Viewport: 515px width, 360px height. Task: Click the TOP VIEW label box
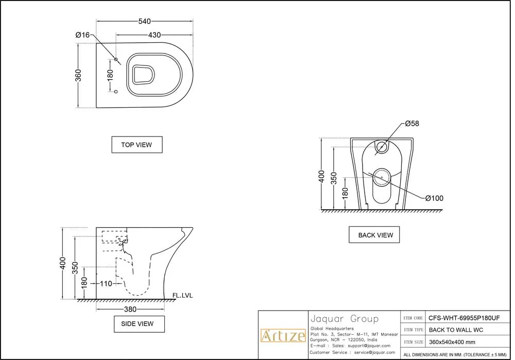[136, 145]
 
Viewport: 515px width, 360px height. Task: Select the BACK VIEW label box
[375, 235]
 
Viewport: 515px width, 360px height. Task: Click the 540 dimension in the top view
[144, 22]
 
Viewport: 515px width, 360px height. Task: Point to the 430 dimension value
[154, 35]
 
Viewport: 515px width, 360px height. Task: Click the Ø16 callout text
[82, 35]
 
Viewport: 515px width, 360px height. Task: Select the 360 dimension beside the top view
[78, 75]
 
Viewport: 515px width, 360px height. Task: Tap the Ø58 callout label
[412, 124]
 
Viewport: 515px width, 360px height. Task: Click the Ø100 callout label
[434, 198]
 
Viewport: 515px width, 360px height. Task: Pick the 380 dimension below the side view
[130, 310]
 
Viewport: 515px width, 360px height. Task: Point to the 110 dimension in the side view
[106, 283]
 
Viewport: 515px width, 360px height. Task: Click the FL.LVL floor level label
[183, 295]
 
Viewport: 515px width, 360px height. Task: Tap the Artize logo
[282, 336]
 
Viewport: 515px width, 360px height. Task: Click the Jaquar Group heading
[344, 319]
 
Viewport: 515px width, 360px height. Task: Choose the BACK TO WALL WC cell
[456, 330]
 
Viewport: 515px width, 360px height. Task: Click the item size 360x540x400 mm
[452, 342]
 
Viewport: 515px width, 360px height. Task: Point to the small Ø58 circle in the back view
[382, 147]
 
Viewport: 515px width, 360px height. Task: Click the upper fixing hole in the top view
[116, 61]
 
